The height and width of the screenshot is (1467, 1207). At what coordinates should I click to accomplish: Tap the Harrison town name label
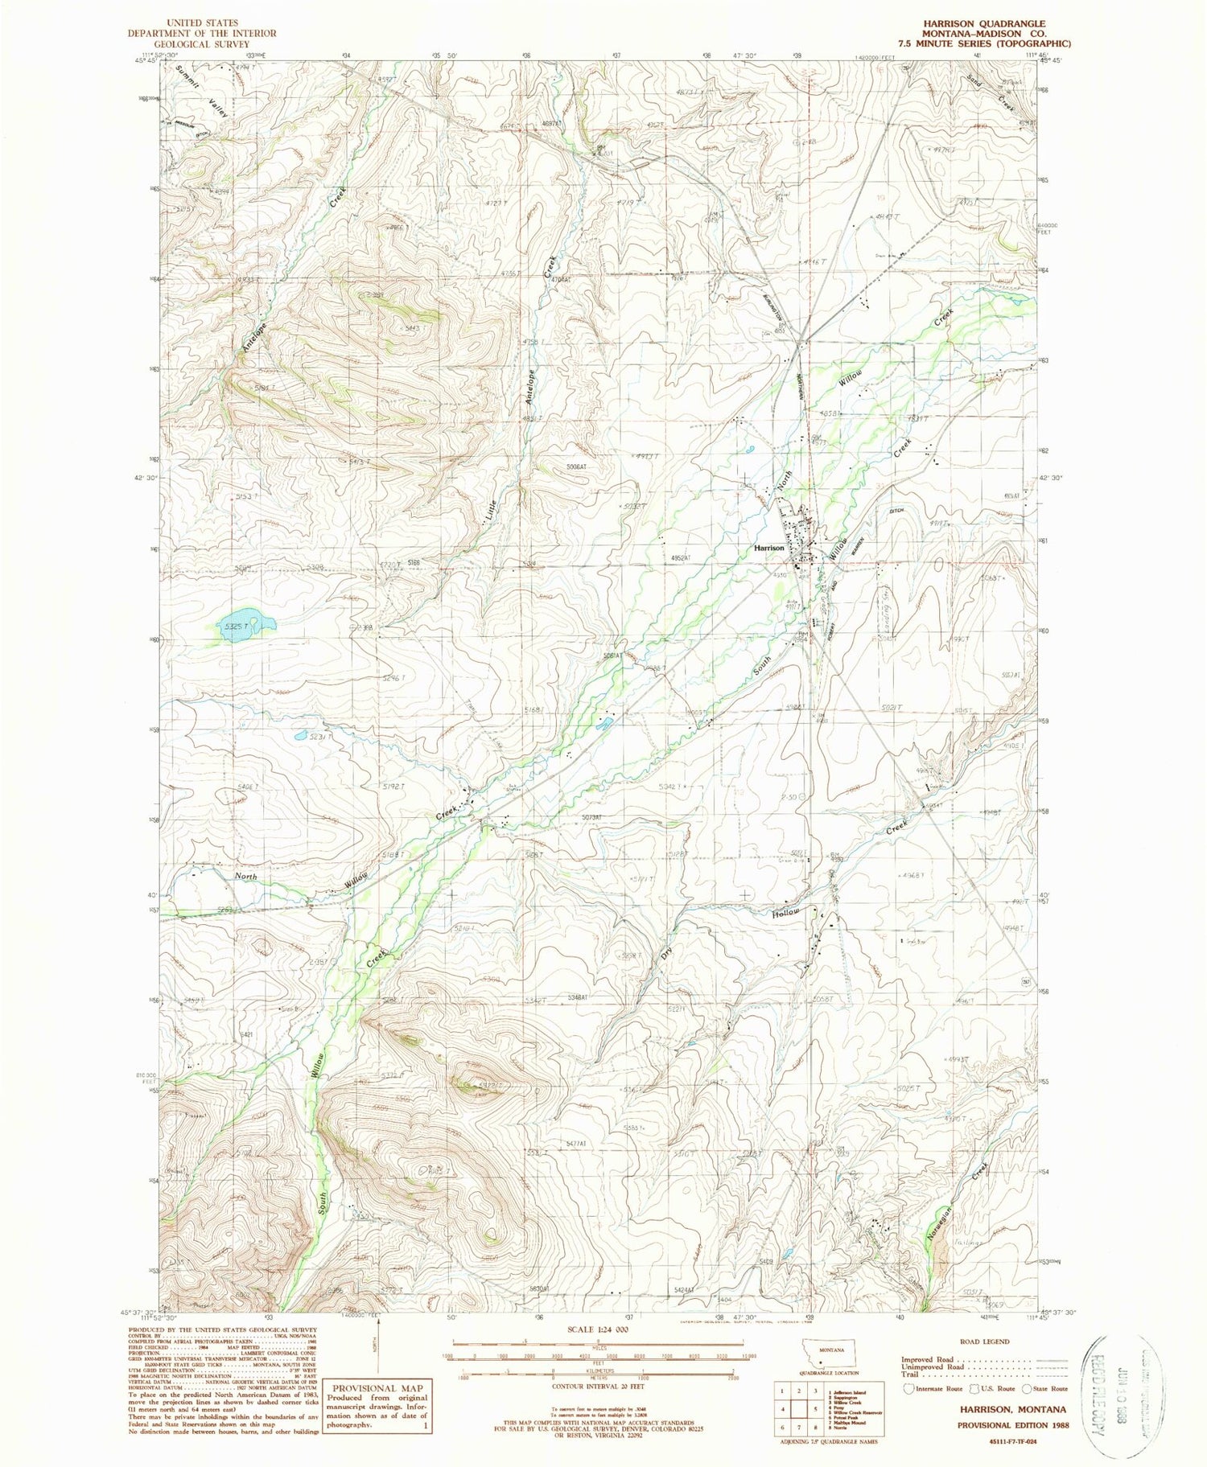click(769, 547)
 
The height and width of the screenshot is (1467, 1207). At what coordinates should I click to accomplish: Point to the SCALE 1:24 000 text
click(598, 1329)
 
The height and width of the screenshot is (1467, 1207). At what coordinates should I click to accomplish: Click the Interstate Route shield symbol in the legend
click(909, 1387)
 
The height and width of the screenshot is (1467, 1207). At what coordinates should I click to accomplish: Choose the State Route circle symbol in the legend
click(1028, 1387)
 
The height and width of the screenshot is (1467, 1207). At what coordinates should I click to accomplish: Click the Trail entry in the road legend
click(909, 1375)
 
